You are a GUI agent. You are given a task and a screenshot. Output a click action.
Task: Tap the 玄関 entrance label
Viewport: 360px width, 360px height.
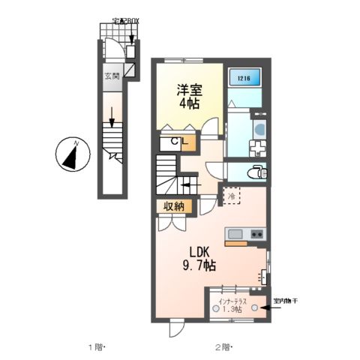111,75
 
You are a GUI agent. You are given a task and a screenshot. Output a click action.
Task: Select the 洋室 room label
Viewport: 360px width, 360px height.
187,88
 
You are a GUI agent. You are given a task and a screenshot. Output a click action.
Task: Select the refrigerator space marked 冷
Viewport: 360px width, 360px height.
229,197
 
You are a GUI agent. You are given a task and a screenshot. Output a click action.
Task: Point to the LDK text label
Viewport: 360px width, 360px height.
199,251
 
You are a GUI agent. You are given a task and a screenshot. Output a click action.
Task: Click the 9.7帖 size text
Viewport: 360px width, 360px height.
199,265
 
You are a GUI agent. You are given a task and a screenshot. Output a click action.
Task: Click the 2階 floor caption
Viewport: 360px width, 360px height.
223,347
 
